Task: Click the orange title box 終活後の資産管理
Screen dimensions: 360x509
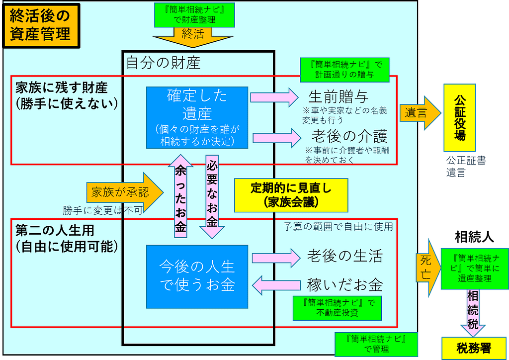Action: click(x=41, y=25)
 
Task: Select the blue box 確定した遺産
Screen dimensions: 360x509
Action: click(x=197, y=117)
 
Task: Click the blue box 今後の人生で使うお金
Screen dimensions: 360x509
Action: click(x=197, y=276)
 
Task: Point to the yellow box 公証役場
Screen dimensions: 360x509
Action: click(x=460, y=117)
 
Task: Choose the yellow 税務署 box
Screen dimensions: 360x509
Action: click(x=473, y=348)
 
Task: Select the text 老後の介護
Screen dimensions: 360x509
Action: click(x=349, y=135)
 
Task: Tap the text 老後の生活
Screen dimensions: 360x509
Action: click(x=344, y=256)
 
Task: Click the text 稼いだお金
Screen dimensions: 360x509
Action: click(x=344, y=285)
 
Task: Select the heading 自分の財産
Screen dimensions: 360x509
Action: click(x=163, y=63)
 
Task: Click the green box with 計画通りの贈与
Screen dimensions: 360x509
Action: click(x=344, y=70)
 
